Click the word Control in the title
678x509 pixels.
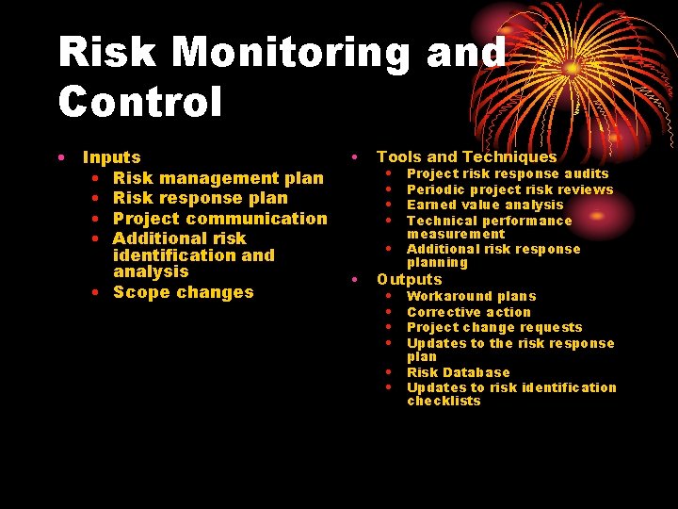[x=140, y=101]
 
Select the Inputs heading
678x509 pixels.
[x=112, y=157]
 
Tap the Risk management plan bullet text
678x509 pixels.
[x=218, y=178]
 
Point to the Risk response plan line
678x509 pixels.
[x=200, y=198]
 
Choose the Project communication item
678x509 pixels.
[x=219, y=219]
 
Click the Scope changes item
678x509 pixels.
[x=183, y=292]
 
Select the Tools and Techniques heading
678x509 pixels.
[x=466, y=157]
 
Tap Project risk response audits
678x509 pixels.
[x=508, y=173]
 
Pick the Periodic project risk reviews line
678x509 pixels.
[x=509, y=189]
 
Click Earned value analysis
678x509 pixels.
[x=485, y=205]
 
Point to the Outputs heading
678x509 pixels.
[x=409, y=279]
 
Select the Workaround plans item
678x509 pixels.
[x=471, y=296]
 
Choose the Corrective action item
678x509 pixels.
[x=469, y=312]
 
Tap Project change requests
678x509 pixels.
[x=494, y=327]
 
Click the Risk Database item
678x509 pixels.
[x=458, y=372]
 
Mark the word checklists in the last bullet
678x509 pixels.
[x=444, y=401]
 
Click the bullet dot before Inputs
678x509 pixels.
[x=59, y=157]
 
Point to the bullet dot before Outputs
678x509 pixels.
[x=354, y=279]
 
